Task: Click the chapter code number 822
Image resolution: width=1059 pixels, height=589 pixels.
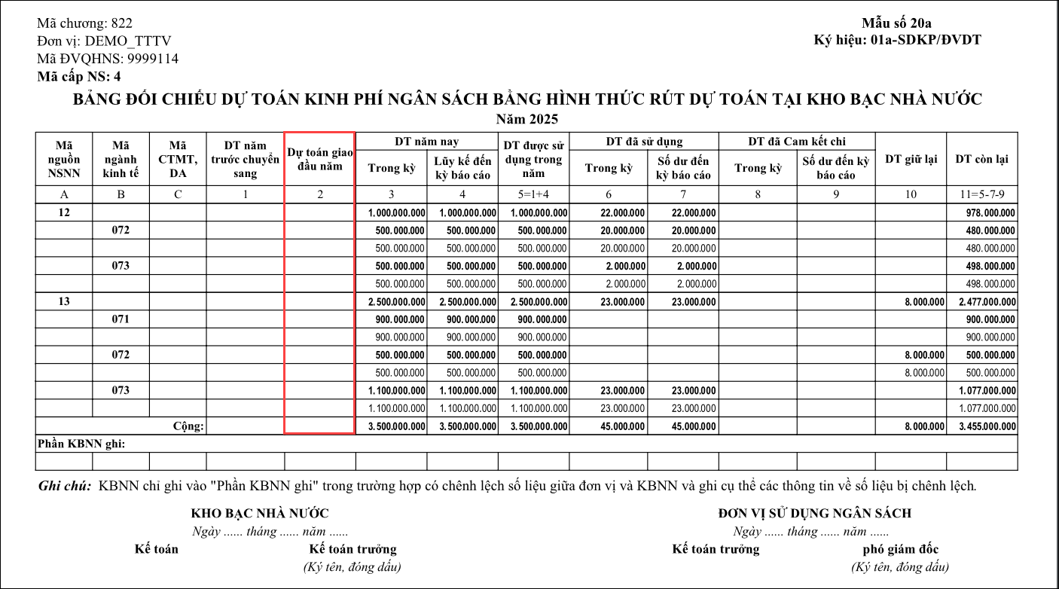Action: (121, 23)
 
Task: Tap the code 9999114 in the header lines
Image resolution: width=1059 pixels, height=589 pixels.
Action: (153, 59)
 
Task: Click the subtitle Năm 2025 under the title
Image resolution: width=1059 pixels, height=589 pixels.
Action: (527, 119)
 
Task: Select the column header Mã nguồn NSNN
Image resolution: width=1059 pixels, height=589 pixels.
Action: (64, 159)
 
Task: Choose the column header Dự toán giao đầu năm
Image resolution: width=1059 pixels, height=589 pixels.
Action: (320, 160)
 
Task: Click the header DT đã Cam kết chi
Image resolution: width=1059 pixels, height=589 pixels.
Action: (797, 142)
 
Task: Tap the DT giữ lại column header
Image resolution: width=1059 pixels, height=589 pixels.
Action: (911, 159)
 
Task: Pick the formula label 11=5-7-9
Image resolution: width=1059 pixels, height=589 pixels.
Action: (981, 195)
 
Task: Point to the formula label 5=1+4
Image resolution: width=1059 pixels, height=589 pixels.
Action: (533, 195)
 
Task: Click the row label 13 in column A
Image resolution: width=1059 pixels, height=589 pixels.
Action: (64, 301)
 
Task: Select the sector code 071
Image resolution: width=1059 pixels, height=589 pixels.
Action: (121, 319)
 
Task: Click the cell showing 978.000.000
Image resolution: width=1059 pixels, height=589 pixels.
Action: (990, 213)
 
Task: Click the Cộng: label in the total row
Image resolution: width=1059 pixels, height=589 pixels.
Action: (188, 426)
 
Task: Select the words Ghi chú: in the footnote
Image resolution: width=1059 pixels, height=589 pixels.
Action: (66, 486)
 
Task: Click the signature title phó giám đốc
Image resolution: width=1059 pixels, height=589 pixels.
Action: (901, 549)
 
